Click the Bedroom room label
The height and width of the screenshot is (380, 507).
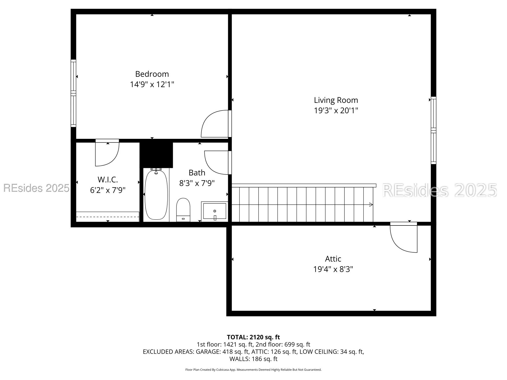click(x=152, y=74)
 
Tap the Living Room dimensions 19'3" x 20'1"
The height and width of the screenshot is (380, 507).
click(x=336, y=111)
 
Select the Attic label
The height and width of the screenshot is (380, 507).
click(x=333, y=259)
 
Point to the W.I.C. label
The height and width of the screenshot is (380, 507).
click(x=108, y=180)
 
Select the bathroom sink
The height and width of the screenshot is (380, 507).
click(x=214, y=211)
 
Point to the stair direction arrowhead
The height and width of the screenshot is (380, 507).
click(x=371, y=204)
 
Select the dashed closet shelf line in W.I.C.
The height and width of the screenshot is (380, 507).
click(x=107, y=217)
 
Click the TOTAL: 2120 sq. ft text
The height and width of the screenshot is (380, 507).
click(x=253, y=337)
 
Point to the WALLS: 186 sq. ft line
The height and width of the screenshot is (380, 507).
click(x=253, y=359)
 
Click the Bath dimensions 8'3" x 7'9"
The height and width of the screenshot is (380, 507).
click(x=197, y=183)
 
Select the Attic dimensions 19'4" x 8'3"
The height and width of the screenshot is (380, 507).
click(x=333, y=269)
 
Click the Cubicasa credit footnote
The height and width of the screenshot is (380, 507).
click(x=253, y=370)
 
